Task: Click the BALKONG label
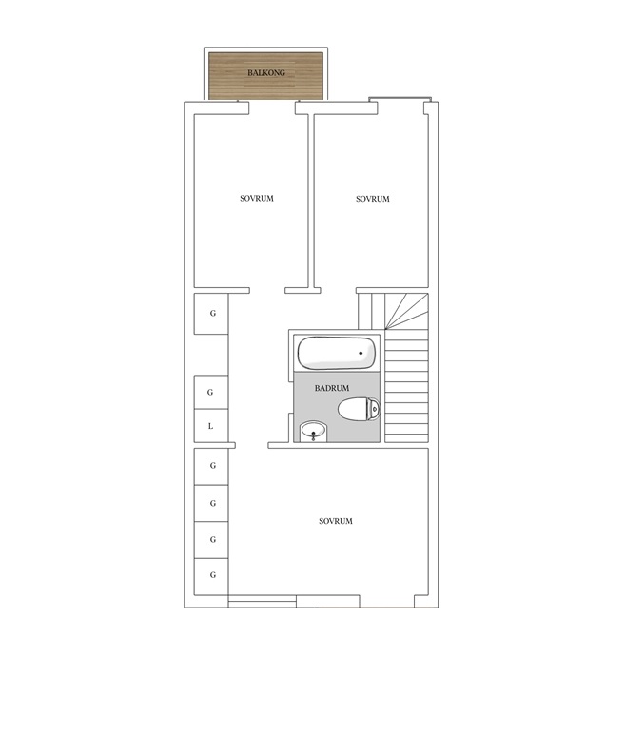click(x=266, y=72)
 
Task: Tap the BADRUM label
click(x=332, y=388)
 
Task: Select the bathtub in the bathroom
click(x=337, y=353)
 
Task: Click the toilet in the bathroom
click(x=359, y=409)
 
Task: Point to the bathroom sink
click(x=313, y=431)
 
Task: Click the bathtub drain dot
click(x=361, y=353)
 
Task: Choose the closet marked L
click(x=211, y=426)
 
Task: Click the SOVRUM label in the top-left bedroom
click(x=257, y=199)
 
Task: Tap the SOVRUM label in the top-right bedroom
click(x=373, y=199)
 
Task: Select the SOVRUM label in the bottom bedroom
click(x=336, y=521)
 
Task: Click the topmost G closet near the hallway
click(x=211, y=314)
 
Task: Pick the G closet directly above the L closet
click(x=211, y=393)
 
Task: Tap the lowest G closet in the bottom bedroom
click(x=211, y=576)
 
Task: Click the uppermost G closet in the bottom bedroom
click(x=211, y=466)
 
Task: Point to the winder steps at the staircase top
click(x=406, y=311)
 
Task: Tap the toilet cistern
click(x=375, y=409)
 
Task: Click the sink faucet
click(x=313, y=436)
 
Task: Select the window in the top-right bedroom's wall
click(x=400, y=99)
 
